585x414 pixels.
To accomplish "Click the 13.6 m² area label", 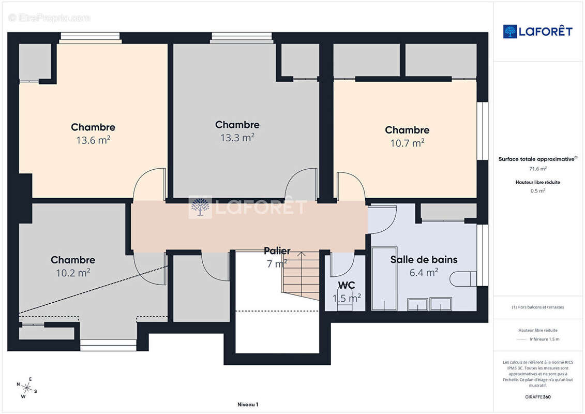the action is click(x=93, y=140).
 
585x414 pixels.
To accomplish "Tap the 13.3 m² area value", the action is click(x=237, y=138).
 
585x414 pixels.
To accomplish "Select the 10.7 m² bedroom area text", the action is click(x=408, y=143).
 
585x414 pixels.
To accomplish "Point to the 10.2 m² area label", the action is click(x=73, y=273).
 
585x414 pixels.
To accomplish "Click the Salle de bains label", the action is click(x=424, y=259).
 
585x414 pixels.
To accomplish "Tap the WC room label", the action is click(x=346, y=285).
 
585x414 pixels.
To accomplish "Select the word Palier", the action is click(x=277, y=251).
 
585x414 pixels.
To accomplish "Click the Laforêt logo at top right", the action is click(x=537, y=32).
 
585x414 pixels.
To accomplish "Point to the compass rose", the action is click(x=27, y=388).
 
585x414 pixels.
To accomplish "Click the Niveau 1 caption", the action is click(x=248, y=404).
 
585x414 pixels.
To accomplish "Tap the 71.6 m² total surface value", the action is click(x=538, y=169).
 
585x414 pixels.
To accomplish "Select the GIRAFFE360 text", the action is click(x=537, y=397).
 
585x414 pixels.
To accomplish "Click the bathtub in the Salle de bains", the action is click(x=384, y=278).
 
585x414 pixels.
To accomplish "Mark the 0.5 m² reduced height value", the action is click(x=538, y=191).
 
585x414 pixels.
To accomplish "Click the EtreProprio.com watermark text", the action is click(x=49, y=18).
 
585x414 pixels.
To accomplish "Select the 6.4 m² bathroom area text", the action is click(x=424, y=273).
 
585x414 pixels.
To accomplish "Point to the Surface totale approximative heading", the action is click(x=537, y=159).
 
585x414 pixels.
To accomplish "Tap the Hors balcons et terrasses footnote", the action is click(x=538, y=307).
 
